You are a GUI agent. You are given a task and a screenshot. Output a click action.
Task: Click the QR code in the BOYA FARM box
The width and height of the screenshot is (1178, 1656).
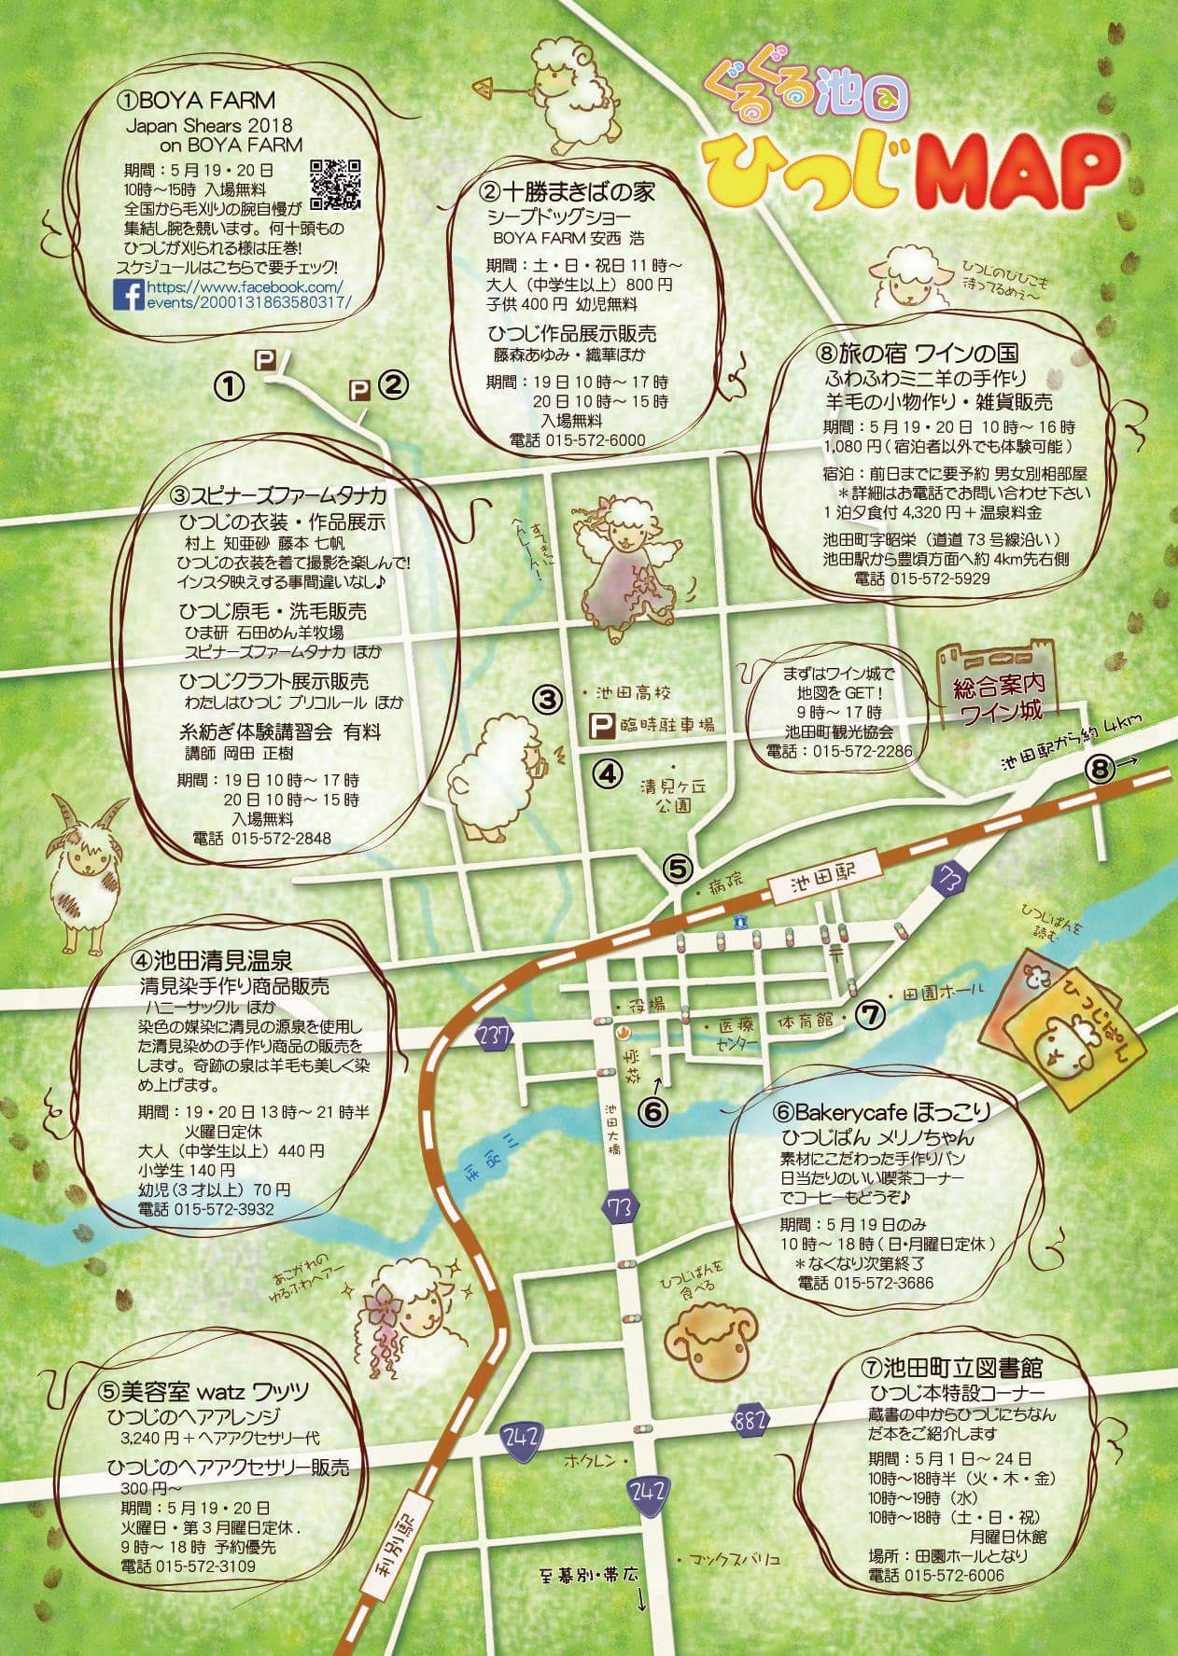pos(334,183)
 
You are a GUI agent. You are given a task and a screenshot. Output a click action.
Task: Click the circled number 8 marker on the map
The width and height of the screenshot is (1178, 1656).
pos(1101,770)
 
